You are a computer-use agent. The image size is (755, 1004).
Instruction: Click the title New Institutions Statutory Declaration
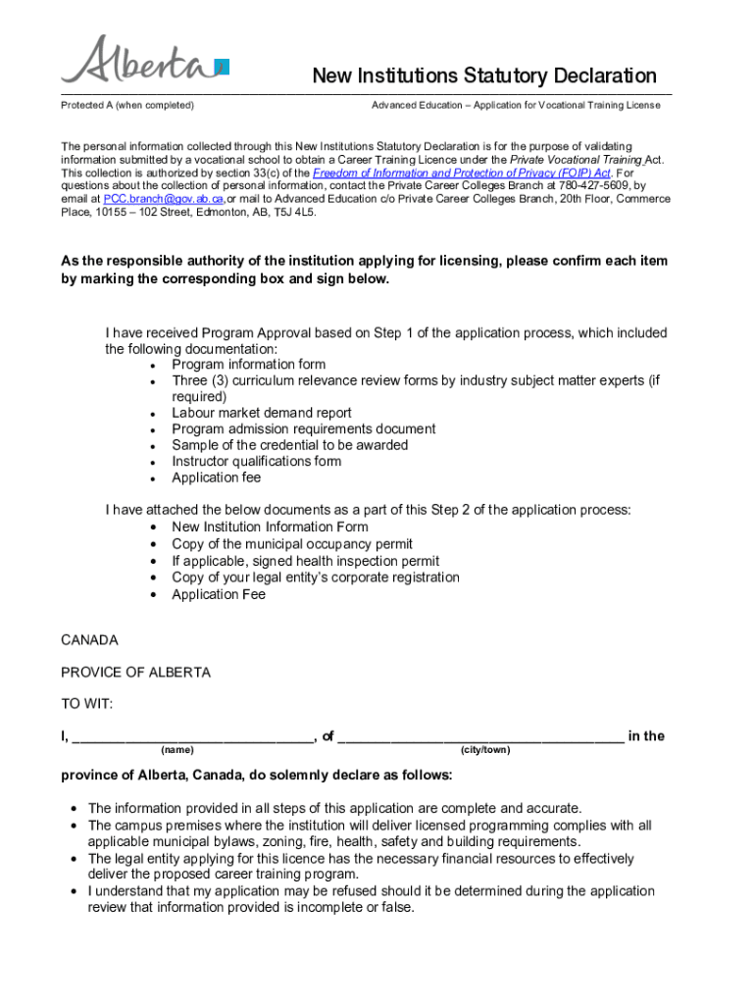(x=484, y=75)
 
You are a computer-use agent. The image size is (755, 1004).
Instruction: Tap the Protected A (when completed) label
(x=127, y=105)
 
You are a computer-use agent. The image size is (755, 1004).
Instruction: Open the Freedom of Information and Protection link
(x=462, y=172)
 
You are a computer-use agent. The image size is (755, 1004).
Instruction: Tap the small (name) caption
(x=177, y=750)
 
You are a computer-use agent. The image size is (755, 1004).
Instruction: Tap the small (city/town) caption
(x=484, y=750)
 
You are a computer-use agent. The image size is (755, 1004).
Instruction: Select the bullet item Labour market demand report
(x=261, y=413)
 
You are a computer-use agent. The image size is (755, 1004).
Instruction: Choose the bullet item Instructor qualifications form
(x=256, y=461)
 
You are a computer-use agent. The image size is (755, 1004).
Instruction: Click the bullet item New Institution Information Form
(x=270, y=527)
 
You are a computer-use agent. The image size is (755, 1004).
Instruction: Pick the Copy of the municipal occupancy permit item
(x=292, y=544)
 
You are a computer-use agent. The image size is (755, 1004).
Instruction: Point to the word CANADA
(x=89, y=640)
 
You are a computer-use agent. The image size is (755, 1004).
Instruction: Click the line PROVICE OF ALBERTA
(x=135, y=673)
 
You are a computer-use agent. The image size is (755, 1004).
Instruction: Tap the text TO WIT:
(x=86, y=704)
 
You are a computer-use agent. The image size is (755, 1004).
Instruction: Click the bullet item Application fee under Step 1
(x=217, y=477)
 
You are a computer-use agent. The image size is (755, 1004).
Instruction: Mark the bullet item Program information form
(x=248, y=364)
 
